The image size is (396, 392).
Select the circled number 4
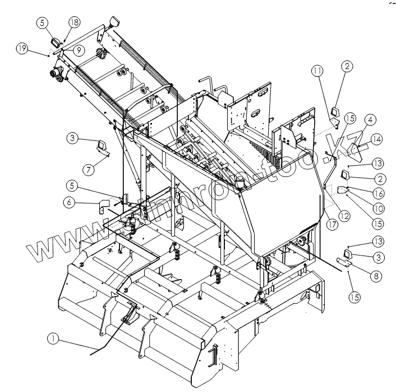point(371,119)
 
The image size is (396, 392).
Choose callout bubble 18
point(75,22)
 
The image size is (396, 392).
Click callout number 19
point(22,49)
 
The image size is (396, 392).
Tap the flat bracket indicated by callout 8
point(343,262)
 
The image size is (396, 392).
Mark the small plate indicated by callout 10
point(344,191)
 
